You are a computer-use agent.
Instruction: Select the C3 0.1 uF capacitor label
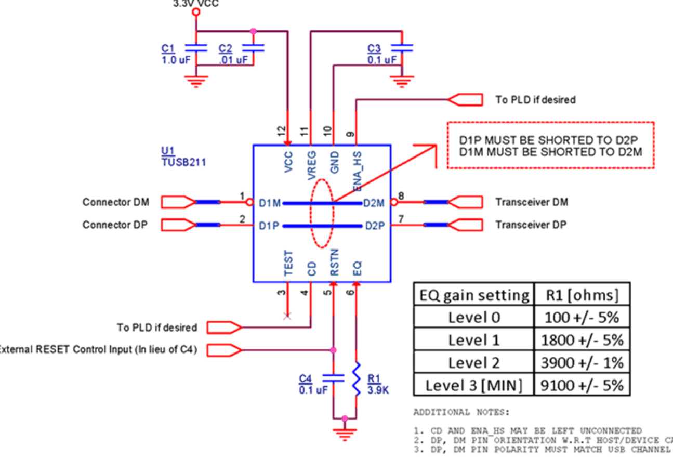(x=382, y=54)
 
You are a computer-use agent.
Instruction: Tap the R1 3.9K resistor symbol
(x=357, y=378)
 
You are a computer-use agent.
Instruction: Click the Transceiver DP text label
(x=531, y=225)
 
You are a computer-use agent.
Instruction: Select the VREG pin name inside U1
(x=311, y=165)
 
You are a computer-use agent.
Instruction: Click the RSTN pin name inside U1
(x=334, y=263)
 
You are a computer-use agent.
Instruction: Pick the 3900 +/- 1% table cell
(x=582, y=362)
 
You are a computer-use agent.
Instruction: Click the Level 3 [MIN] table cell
(x=473, y=385)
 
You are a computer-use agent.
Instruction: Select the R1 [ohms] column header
(x=582, y=295)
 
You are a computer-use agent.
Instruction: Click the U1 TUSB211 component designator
(x=183, y=157)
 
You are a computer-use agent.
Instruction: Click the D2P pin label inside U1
(x=375, y=226)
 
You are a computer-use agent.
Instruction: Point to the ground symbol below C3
(x=402, y=81)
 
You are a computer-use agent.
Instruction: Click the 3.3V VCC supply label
(x=196, y=4)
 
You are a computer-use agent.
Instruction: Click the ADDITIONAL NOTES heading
(x=461, y=412)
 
